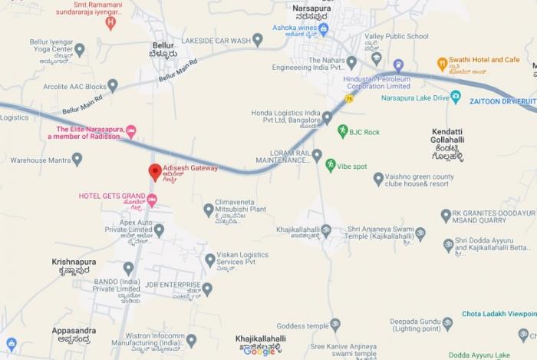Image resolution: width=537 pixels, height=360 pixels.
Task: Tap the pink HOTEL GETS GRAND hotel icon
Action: click(x=152, y=201)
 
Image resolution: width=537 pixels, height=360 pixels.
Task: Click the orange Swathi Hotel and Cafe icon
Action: click(x=442, y=64)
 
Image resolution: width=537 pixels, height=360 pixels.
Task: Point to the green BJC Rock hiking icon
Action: click(x=342, y=132)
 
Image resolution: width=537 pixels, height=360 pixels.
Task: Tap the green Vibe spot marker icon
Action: click(x=330, y=165)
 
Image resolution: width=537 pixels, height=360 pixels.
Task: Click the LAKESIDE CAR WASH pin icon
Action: click(x=258, y=40)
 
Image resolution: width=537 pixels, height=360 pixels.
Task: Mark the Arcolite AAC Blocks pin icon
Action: click(x=113, y=85)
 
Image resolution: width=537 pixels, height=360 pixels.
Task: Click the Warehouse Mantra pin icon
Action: click(x=77, y=159)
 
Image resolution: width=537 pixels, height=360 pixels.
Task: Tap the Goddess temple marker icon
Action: click(x=334, y=325)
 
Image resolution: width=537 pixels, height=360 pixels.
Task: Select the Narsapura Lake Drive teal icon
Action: click(x=455, y=98)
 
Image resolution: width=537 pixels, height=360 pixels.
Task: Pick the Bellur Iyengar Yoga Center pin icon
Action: click(x=79, y=50)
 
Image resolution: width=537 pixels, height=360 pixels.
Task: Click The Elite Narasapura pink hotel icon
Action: click(x=130, y=133)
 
